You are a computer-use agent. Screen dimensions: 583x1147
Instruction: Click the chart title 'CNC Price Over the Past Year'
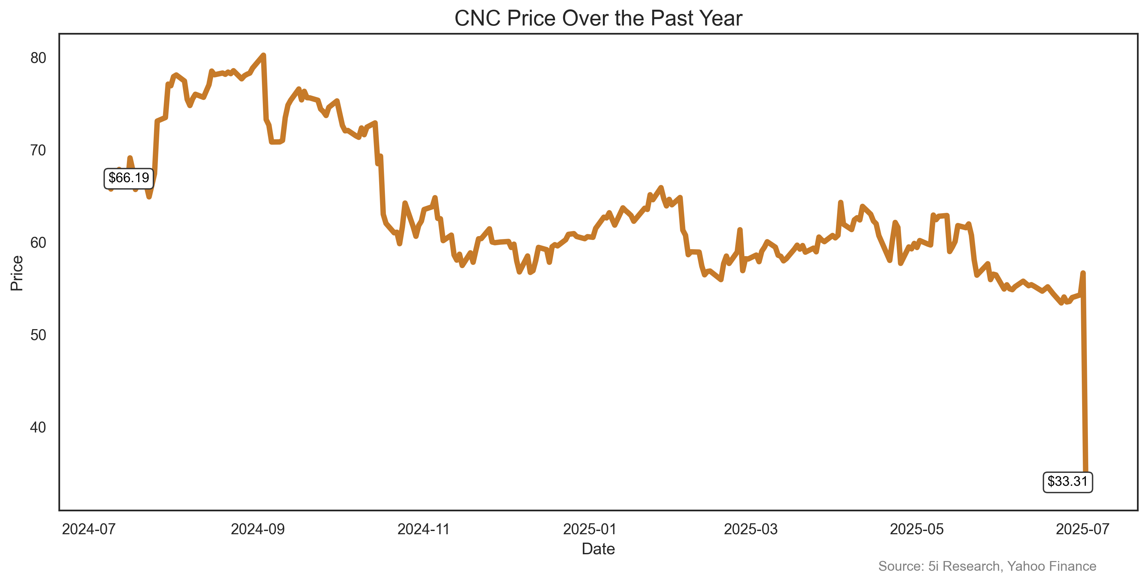598,19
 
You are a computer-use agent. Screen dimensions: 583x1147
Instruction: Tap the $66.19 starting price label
129,178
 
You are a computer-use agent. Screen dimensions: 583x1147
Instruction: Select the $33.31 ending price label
1067,482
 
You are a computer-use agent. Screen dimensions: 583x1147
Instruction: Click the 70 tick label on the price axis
38,151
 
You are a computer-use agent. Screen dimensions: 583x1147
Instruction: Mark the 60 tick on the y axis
38,243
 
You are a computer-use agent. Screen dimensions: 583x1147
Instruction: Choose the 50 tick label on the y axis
38,335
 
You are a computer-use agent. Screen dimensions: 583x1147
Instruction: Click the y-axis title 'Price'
17,273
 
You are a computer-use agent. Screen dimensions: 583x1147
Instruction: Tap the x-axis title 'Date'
598,549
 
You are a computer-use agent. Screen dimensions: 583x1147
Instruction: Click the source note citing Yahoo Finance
987,566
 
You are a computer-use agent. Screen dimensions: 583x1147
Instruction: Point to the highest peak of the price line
263,55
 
